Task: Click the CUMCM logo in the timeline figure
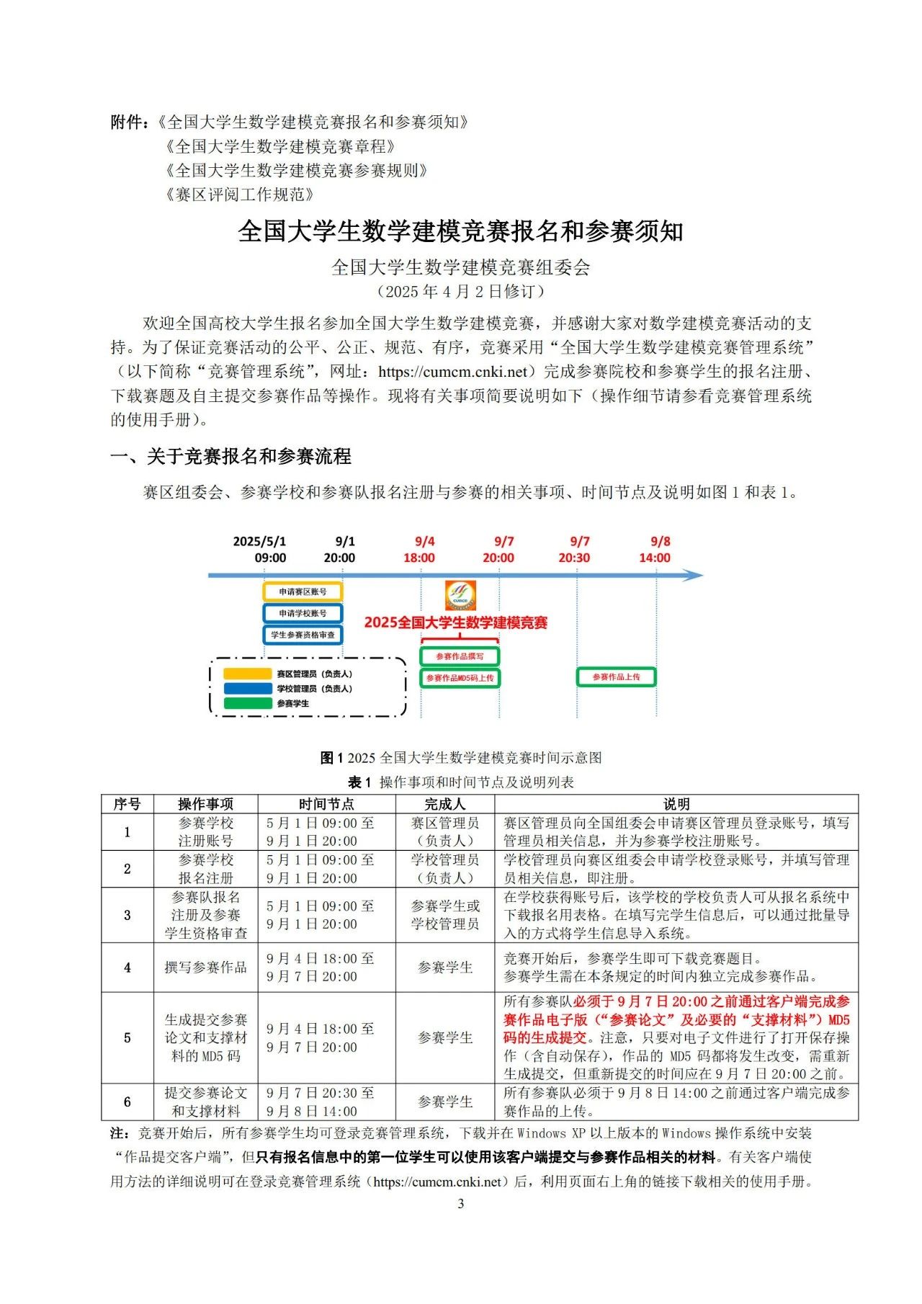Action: pos(460,595)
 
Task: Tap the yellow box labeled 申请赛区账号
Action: pos(303,591)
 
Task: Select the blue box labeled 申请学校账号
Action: pos(303,613)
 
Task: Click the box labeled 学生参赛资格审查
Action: pos(303,635)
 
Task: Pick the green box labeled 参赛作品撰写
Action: pos(460,656)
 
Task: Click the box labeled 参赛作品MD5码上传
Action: pos(460,678)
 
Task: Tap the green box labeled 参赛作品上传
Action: pos(616,677)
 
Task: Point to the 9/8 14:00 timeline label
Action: pos(655,550)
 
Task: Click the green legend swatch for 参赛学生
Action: pos(247,704)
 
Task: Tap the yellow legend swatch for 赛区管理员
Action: pos(247,674)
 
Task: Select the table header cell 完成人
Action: pos(444,804)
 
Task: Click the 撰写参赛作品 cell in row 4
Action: pos(205,968)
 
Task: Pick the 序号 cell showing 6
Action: pos(127,1102)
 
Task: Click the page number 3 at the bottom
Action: pos(461,1204)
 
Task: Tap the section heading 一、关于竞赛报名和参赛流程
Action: pos(230,456)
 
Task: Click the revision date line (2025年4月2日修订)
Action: pos(461,292)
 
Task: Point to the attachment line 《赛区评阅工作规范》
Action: pos(240,195)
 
